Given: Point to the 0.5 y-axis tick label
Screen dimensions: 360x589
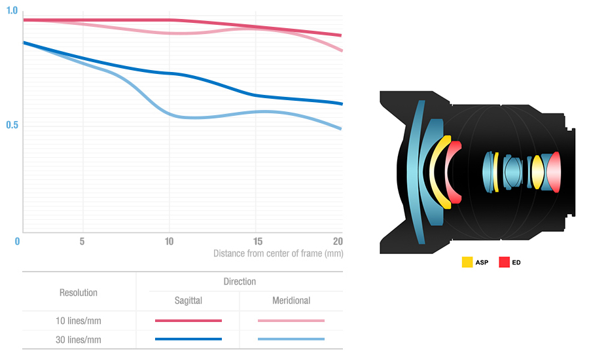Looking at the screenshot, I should (12, 125).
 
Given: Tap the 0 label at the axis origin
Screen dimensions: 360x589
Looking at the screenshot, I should (18, 242).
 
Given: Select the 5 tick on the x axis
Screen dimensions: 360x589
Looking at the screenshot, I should (82, 242).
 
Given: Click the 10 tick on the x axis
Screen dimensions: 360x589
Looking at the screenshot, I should (169, 242).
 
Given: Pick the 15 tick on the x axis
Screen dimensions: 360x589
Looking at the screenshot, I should (258, 242).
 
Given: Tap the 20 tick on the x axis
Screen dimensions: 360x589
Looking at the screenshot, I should (338, 242).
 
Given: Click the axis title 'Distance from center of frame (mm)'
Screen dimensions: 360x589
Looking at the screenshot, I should (278, 253).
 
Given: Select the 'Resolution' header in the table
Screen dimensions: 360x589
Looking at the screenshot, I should (79, 293).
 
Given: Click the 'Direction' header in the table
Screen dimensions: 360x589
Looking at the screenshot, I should (240, 281).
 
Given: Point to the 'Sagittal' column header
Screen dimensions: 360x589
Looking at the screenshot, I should (188, 301).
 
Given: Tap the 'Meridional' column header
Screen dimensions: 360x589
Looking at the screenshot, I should (291, 301).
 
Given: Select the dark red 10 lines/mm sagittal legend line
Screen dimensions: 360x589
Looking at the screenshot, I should (188, 321).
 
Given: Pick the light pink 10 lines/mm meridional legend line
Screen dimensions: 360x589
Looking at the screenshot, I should (291, 321).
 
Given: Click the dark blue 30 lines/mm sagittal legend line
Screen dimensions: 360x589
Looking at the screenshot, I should (188, 339).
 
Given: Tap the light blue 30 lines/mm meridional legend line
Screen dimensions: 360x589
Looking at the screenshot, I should (291, 339).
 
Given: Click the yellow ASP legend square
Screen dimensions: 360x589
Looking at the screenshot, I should (467, 262).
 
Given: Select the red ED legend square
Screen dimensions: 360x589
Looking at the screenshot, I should (505, 262).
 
